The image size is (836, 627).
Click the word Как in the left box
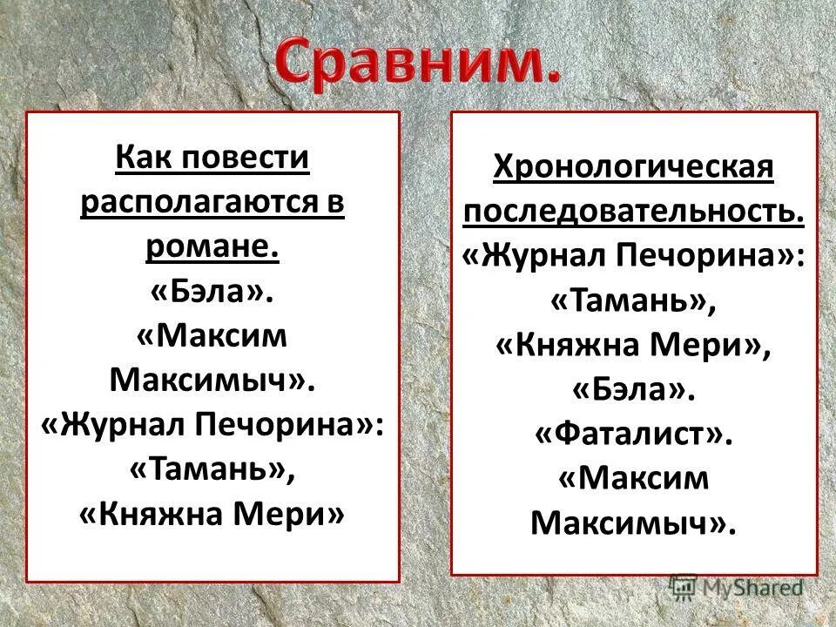click(142, 158)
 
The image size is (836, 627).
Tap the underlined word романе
click(212, 248)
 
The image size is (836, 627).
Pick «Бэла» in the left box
click(212, 293)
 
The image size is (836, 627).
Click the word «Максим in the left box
click(212, 337)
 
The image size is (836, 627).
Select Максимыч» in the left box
click(212, 381)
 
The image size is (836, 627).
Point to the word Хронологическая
click(633, 167)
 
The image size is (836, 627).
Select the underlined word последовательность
click(633, 212)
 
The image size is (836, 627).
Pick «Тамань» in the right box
click(633, 300)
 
